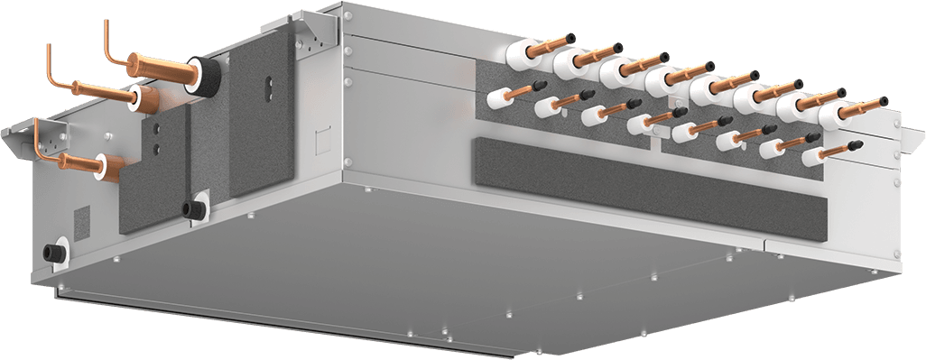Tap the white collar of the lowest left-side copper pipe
click(x=112, y=164)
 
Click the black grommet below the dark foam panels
click(x=192, y=208)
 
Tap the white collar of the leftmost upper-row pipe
click(x=523, y=51)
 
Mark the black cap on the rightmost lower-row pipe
click(x=857, y=143)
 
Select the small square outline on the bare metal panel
click(x=319, y=141)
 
